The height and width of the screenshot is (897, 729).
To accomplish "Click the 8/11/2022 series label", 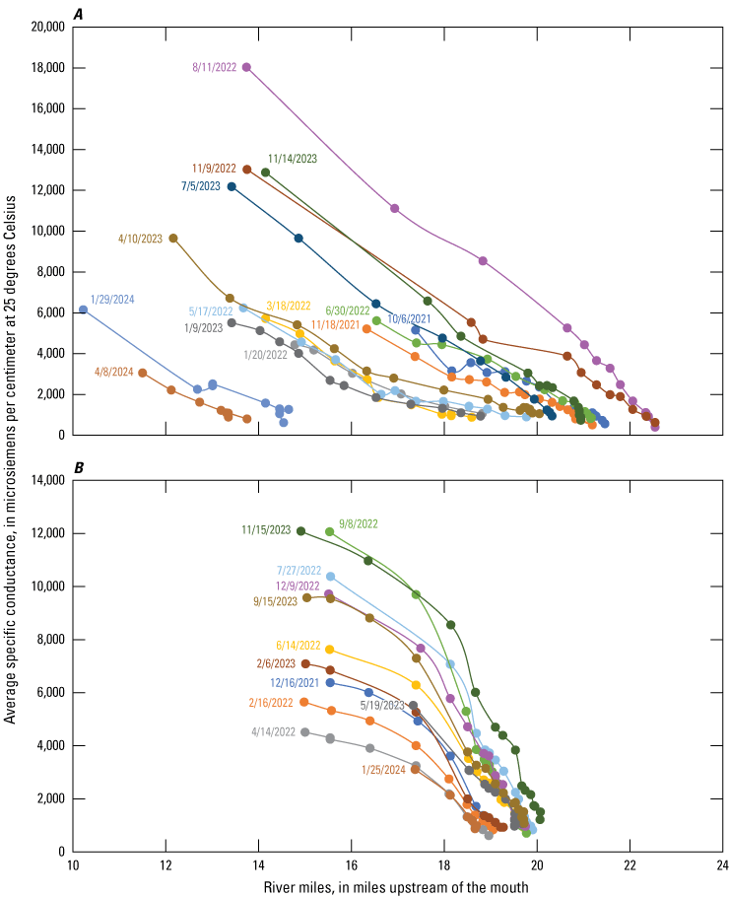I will tap(215, 68).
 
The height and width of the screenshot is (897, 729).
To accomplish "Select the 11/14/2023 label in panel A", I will tap(293, 158).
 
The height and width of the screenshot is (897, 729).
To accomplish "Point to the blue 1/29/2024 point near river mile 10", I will tap(83, 310).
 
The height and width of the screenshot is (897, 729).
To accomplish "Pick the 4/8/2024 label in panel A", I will tap(113, 372).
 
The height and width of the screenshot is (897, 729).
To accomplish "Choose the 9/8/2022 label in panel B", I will tap(359, 524).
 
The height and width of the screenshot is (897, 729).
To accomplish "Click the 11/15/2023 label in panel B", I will tap(267, 530).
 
